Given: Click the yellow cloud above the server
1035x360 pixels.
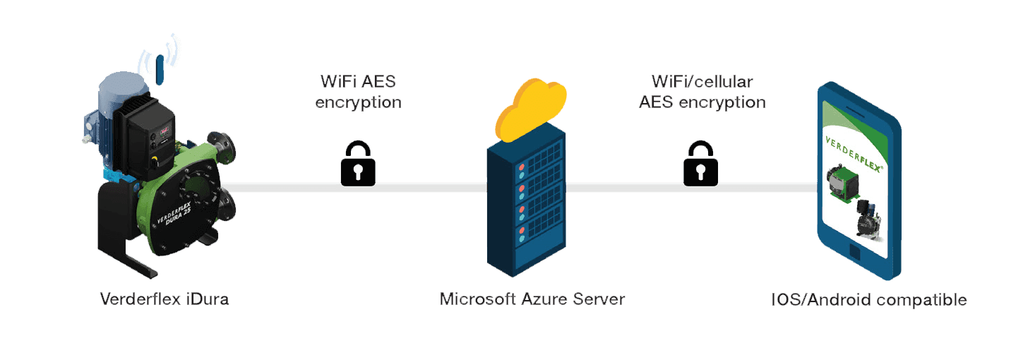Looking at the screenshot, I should (x=530, y=112).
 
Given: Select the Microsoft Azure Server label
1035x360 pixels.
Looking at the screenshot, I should (x=532, y=299).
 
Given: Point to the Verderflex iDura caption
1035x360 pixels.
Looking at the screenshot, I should (x=164, y=299).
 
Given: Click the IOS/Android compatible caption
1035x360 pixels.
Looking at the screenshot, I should (x=868, y=300).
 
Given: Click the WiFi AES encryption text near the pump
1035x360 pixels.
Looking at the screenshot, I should (x=358, y=92).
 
